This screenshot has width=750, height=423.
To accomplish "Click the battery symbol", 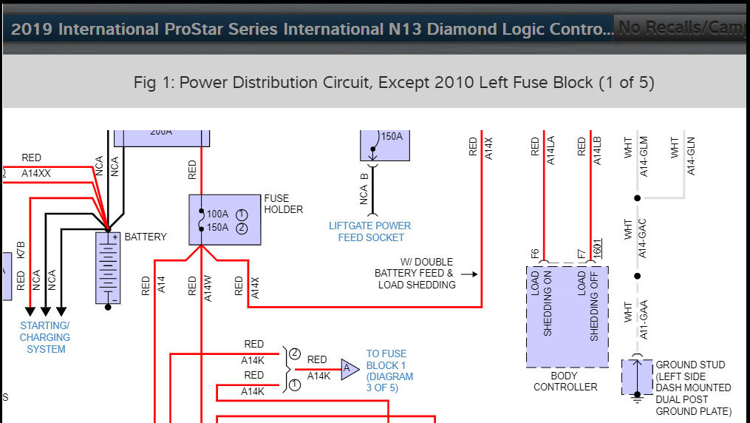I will pos(108,268).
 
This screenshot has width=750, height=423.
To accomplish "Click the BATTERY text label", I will pos(146,237).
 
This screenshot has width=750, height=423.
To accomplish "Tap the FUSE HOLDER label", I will pos(283,204).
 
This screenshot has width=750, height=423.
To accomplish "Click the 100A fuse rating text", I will pos(217,214).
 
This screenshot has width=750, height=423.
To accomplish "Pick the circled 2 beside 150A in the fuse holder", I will pos(241,228).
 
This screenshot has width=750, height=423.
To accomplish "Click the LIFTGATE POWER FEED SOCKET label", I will pos(370,231).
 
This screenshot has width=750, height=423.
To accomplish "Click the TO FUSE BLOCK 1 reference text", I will pos(389,371).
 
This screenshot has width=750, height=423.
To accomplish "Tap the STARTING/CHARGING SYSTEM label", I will pos(45,337).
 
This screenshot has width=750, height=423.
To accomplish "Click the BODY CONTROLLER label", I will pos(565,381).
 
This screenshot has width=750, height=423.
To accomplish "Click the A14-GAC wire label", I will pos(643,238).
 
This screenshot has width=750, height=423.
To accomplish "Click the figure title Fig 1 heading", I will pos(394,82).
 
